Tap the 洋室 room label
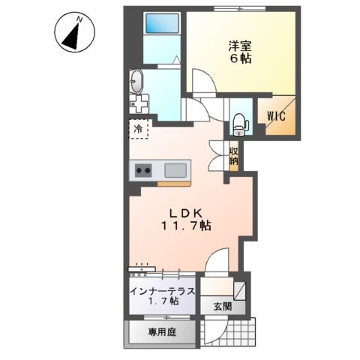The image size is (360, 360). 239,44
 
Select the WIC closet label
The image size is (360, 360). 275,115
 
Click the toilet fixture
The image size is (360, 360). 238,120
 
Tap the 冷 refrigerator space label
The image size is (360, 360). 138,130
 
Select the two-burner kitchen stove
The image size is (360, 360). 142,171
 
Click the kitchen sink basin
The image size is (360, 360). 175,169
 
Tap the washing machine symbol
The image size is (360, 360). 139,101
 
